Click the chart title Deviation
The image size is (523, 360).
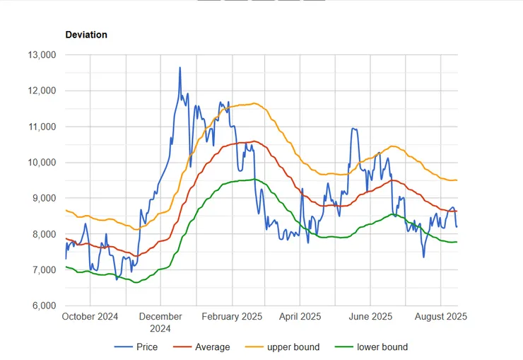coord(86,34)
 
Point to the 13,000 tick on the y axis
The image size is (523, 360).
coord(41,54)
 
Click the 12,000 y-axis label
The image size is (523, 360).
coord(41,91)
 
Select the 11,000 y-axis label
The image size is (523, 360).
coord(41,127)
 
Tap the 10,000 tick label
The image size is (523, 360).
coord(41,163)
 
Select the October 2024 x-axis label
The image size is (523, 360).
coord(90,316)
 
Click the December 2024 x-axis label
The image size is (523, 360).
coord(160,322)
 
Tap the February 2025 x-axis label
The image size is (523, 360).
coord(232,316)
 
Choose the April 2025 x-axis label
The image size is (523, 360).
coord(301,316)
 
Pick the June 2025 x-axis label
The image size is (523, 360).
coord(372,316)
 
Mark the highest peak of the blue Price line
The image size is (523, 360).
coord(180,68)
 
